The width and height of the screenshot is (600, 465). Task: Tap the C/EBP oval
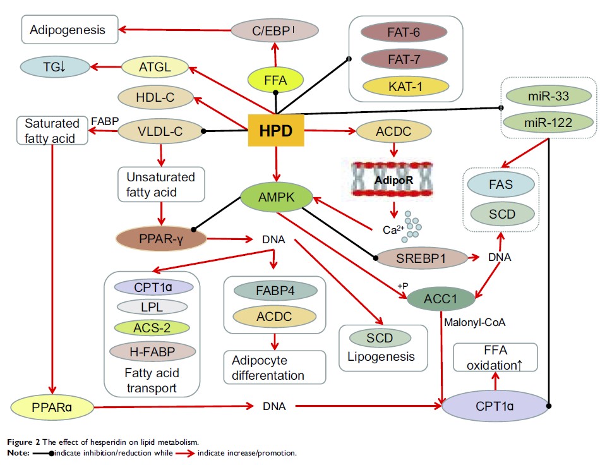tap(268, 29)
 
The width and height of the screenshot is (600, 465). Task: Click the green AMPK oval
tap(276, 197)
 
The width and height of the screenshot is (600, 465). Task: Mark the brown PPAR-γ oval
tap(162, 239)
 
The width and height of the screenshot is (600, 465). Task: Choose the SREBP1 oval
tap(421, 257)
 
